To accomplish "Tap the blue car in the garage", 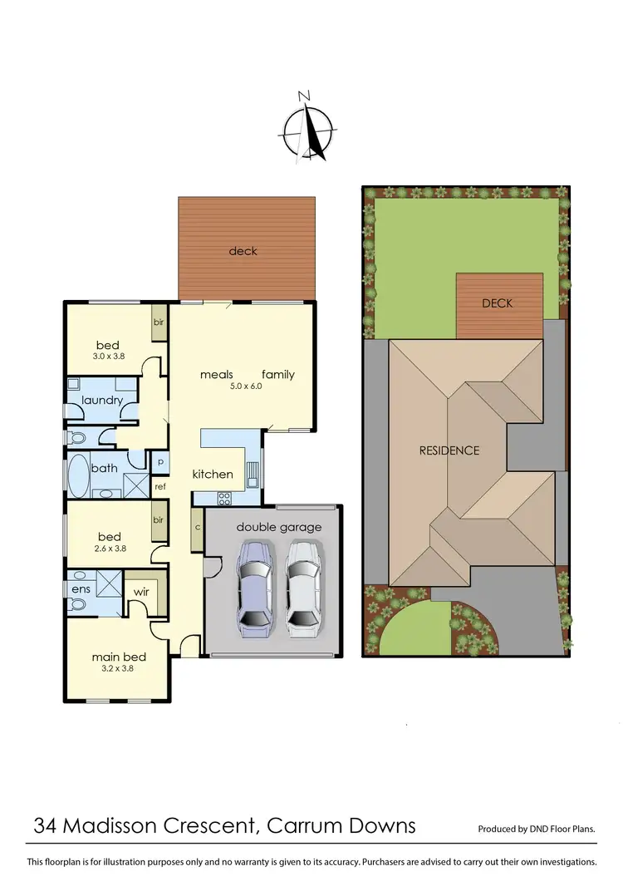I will click(255, 587).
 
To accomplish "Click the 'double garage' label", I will click(279, 527).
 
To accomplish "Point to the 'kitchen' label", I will click(213, 474).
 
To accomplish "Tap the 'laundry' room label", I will click(102, 400).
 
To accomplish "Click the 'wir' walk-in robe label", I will click(141, 592).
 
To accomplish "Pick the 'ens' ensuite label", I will click(81, 588).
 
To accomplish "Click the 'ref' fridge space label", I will click(159, 487).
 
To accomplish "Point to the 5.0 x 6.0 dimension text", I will click(245, 386).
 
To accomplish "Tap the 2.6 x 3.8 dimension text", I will click(109, 549).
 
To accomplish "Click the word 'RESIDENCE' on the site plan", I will click(449, 450).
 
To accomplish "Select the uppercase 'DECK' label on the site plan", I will click(498, 303).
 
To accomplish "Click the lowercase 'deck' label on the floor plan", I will click(243, 250).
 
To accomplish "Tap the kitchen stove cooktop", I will click(223, 498).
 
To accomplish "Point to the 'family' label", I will click(278, 374).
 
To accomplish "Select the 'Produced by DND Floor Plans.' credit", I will click(537, 829).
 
